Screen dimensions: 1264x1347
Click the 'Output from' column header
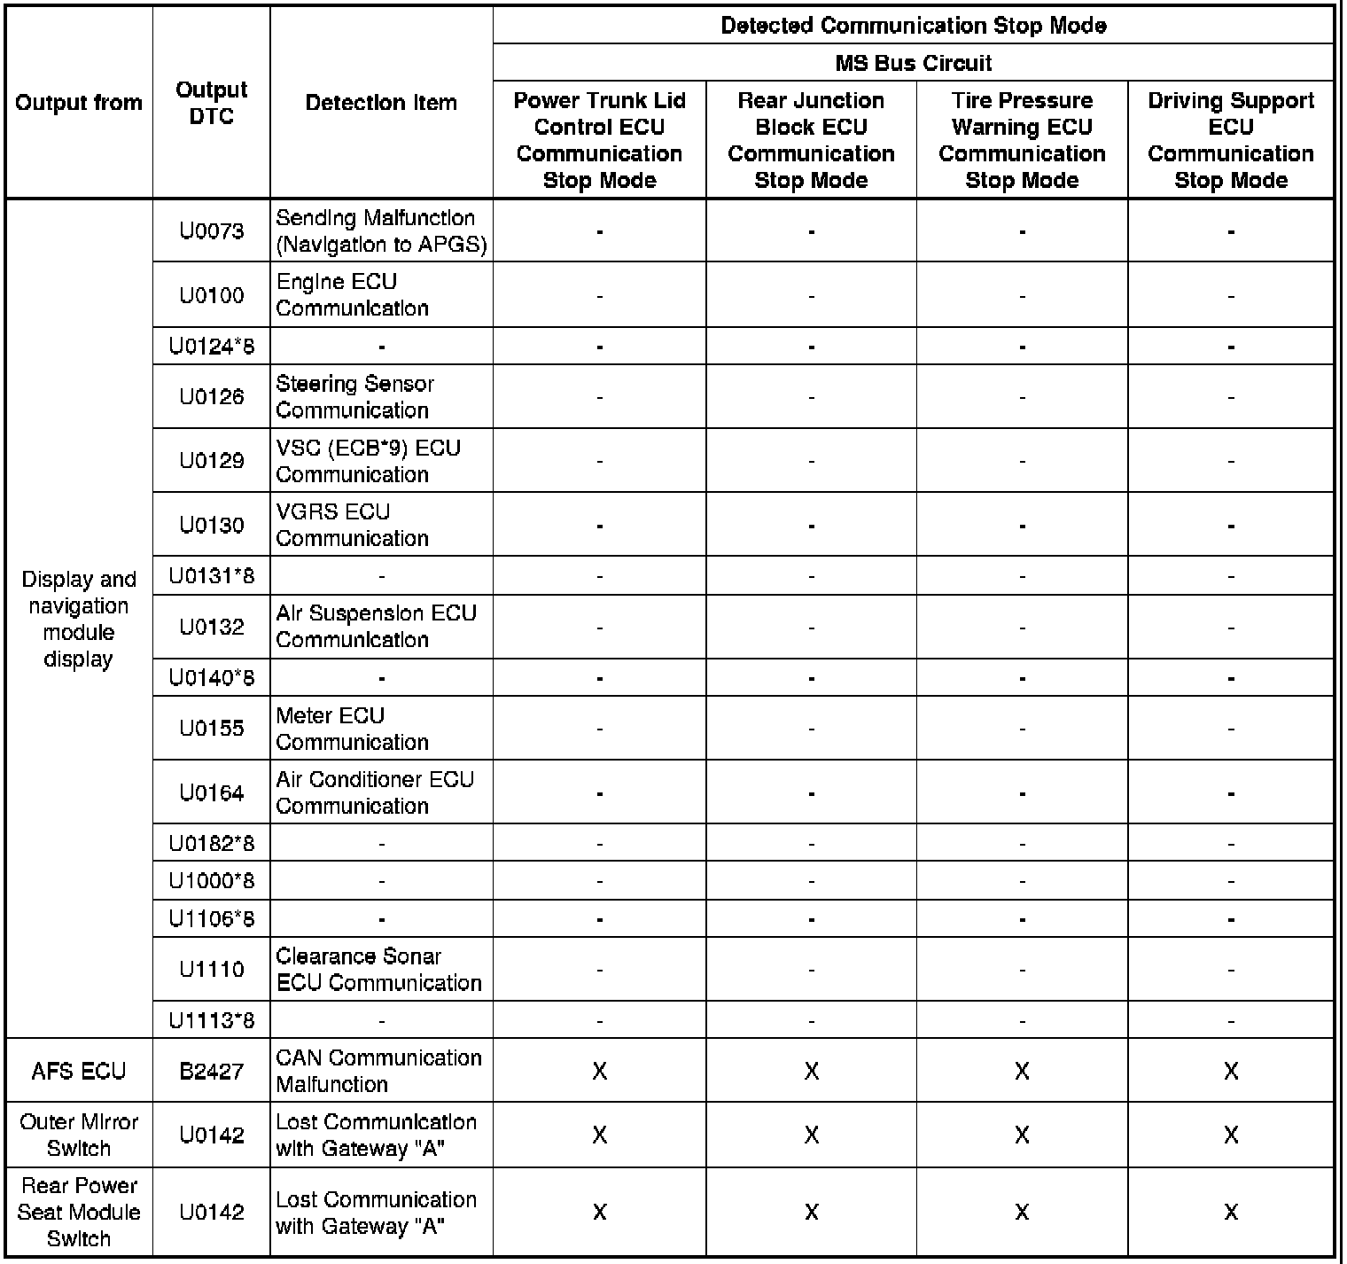point(79,103)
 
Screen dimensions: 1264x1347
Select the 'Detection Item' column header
point(381,103)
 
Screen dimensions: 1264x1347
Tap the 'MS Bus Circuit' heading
point(913,63)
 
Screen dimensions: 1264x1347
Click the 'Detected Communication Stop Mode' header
point(913,26)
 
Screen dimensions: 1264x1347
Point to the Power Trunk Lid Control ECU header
point(599,140)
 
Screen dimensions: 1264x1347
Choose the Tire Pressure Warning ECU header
point(1022,140)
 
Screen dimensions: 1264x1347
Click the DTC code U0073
point(212,231)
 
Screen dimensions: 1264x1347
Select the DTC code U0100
point(212,295)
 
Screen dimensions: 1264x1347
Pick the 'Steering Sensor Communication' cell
point(355,397)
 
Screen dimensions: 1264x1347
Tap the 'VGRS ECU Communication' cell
point(352,525)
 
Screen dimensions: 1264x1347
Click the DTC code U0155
point(212,729)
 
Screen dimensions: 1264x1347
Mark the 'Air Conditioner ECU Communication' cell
point(375,792)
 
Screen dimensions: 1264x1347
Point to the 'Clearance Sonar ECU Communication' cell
point(378,970)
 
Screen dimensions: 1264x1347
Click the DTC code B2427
point(212,1071)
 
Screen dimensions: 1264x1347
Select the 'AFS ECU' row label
point(79,1071)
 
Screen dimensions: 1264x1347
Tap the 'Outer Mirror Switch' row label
point(79,1135)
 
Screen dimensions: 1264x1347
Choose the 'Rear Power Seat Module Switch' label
point(79,1212)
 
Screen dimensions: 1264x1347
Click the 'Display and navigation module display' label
point(79,619)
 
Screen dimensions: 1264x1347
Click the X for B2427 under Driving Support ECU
point(1231,1071)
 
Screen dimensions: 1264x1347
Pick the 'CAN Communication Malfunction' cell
point(378,1071)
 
